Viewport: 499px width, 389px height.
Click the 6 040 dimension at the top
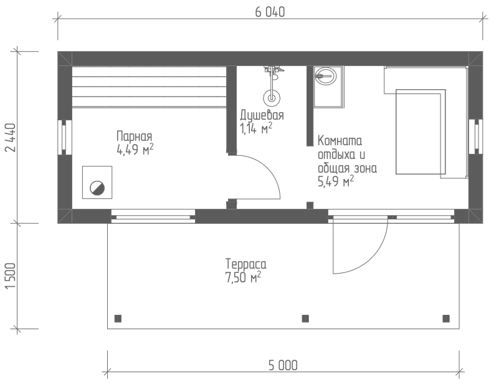point(270,12)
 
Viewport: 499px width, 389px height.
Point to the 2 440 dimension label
point(11,138)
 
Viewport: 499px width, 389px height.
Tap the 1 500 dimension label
point(11,276)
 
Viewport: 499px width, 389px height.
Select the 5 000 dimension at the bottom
point(283,365)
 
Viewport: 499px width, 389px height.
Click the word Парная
point(135,137)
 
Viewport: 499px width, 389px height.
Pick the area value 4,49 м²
point(135,149)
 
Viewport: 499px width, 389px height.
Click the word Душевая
point(262,115)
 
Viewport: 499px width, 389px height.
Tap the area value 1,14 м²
point(256,128)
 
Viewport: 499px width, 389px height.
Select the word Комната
point(340,140)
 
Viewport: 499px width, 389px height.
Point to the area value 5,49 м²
point(336,181)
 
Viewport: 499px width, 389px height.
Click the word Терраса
point(245,264)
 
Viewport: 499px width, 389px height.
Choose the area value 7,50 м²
point(243,277)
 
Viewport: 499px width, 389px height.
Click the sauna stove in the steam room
point(97,183)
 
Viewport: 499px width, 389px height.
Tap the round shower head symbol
point(272,97)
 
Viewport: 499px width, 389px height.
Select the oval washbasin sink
point(325,76)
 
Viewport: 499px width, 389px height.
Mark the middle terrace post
point(305,319)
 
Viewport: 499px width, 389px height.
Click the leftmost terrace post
point(118,319)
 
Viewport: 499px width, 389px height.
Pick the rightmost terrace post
point(446,319)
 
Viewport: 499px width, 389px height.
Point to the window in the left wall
point(65,137)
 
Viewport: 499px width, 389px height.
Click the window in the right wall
point(476,137)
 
